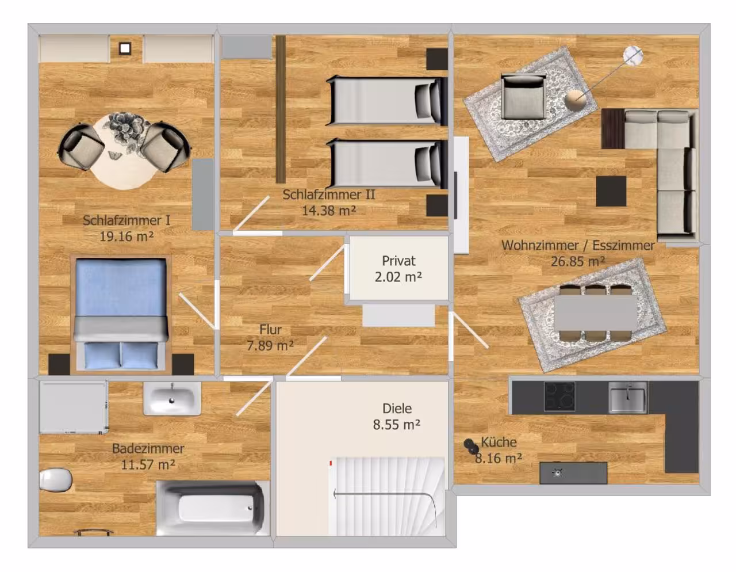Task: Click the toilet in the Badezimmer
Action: pos(56,479)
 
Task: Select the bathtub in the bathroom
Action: pos(213,508)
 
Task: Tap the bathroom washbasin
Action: pos(172,399)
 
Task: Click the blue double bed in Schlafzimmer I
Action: pos(121,314)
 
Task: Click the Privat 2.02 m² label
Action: pos(398,269)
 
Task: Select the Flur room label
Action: pos(270,329)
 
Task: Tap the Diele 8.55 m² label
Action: pos(397,417)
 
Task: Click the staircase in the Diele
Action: pos(386,497)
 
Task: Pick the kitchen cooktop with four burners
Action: pos(559,396)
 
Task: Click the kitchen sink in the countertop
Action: pos(628,397)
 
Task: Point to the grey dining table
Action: pos(596,312)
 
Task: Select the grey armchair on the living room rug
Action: pos(523,97)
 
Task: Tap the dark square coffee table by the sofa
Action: pos(611,191)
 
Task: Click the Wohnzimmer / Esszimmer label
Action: pos(578,245)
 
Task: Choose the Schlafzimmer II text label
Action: pos(329,195)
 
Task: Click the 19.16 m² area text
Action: pos(126,236)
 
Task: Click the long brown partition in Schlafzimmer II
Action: pos(281,109)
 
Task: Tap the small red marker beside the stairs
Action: pos(331,463)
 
